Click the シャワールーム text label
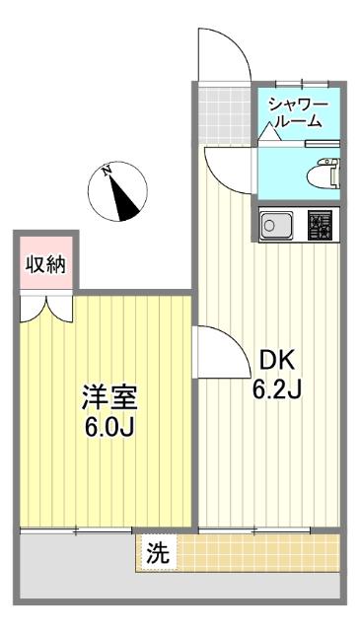click(294, 112)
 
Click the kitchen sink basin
click(274, 227)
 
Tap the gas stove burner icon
click(319, 226)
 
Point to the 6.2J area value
click(275, 388)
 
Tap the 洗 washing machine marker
click(157, 553)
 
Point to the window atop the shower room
click(300, 84)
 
